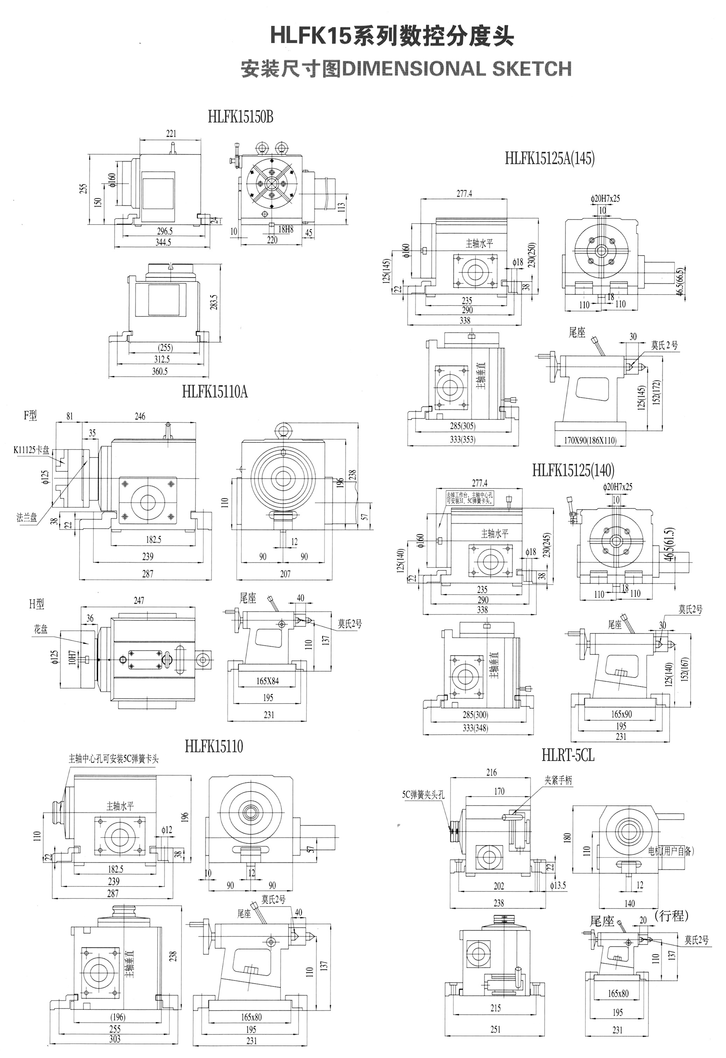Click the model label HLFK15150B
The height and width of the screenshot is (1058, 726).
click(x=240, y=117)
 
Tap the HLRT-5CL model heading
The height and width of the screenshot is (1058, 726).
click(x=568, y=755)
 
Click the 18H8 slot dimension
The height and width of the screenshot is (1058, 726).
click(x=286, y=229)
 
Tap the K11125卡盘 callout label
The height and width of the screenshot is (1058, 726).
click(x=31, y=451)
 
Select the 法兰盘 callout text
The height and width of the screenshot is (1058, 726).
click(x=27, y=517)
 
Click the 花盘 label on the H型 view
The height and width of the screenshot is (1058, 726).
click(x=41, y=630)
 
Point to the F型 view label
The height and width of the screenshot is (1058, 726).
click(x=30, y=415)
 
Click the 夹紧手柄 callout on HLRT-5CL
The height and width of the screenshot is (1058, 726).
click(x=558, y=780)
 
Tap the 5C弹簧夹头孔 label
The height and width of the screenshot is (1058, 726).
click(x=423, y=795)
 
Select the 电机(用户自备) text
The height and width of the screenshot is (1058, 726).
click(x=671, y=851)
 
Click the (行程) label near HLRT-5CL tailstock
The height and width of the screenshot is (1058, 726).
click(x=671, y=915)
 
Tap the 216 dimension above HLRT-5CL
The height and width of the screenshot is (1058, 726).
click(x=492, y=772)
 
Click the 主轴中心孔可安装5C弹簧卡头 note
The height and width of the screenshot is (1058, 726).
click(x=113, y=759)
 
